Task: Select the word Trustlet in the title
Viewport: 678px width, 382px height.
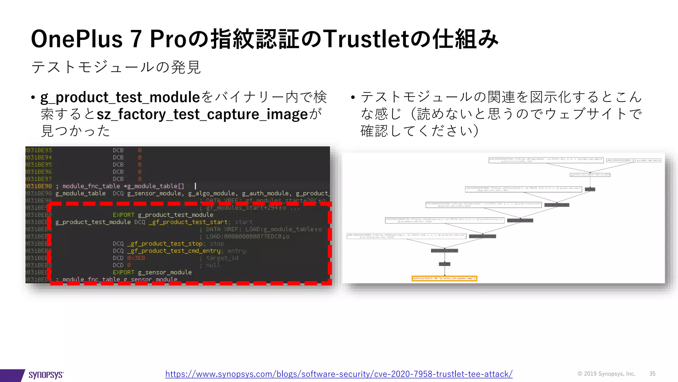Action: click(x=366, y=39)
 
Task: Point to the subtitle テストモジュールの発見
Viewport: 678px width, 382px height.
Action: click(x=116, y=67)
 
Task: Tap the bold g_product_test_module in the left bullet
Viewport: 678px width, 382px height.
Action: click(x=120, y=97)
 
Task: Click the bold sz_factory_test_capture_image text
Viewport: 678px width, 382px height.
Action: click(x=202, y=114)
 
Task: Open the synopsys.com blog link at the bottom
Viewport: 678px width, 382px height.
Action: click(x=339, y=374)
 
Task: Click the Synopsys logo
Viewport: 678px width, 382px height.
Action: click(x=46, y=375)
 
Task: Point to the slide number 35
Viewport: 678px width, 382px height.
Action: click(x=652, y=374)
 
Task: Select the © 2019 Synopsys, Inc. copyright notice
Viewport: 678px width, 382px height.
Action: click(x=606, y=374)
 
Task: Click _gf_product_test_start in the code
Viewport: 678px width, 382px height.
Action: click(x=188, y=222)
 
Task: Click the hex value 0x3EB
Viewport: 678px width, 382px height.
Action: click(x=136, y=258)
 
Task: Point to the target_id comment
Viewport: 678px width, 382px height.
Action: click(x=222, y=258)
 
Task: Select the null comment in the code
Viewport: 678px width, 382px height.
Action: click(x=213, y=265)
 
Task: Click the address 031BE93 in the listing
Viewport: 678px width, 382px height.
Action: click(x=39, y=150)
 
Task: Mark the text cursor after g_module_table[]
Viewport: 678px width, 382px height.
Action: click(x=195, y=186)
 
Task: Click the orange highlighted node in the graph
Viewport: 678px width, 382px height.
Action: click(x=444, y=278)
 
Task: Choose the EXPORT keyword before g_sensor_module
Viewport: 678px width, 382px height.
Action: click(x=123, y=272)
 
